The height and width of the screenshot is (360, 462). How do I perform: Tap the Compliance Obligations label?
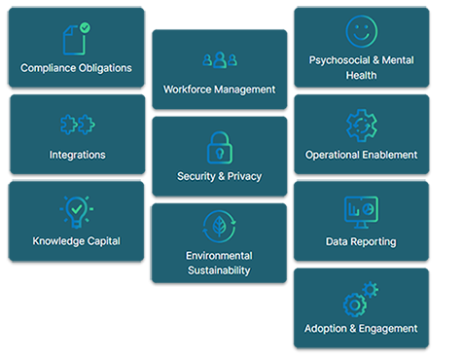tap(76, 68)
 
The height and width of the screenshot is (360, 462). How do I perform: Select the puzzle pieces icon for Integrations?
tap(77, 124)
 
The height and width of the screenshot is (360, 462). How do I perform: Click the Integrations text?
tap(77, 154)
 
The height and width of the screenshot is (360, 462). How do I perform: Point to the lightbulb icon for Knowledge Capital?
tap(77, 210)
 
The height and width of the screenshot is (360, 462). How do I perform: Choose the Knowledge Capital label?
tap(77, 240)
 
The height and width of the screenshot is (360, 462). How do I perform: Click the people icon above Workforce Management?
tap(220, 60)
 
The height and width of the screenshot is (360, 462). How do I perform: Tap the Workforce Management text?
tap(220, 89)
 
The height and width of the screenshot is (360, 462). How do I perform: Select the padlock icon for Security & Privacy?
tap(219, 146)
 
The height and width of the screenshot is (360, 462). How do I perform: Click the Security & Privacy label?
tap(219, 176)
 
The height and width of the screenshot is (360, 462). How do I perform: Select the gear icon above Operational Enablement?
tap(361, 124)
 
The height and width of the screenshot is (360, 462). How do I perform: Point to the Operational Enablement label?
tap(361, 154)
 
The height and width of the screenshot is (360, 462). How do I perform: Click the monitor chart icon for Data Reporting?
tap(361, 210)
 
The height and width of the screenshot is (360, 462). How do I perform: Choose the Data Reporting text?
tap(361, 240)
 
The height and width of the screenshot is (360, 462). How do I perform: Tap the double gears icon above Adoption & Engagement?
tap(361, 297)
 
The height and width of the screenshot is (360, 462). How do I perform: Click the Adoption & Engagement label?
tap(361, 328)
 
